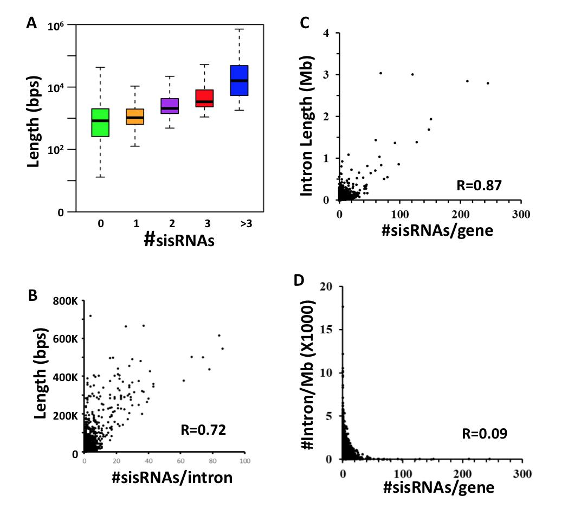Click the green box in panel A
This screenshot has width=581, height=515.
(100, 123)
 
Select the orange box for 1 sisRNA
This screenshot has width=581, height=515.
(134, 117)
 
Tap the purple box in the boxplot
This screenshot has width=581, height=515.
(170, 106)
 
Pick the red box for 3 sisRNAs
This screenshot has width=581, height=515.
(204, 98)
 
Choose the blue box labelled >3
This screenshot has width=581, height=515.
(239, 80)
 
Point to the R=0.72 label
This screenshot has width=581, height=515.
(202, 431)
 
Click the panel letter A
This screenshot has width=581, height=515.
(32, 23)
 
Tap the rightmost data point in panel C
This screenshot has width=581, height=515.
(488, 83)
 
